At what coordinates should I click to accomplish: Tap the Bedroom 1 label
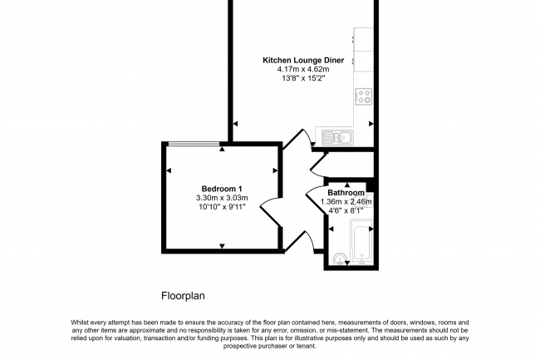222,188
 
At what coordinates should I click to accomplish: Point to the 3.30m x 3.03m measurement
222,197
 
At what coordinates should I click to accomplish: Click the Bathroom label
345,192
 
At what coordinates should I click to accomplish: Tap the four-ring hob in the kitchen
363,96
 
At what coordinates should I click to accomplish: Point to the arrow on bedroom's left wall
169,170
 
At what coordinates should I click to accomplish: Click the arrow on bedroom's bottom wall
222,244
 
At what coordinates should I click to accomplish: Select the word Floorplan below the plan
182,295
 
